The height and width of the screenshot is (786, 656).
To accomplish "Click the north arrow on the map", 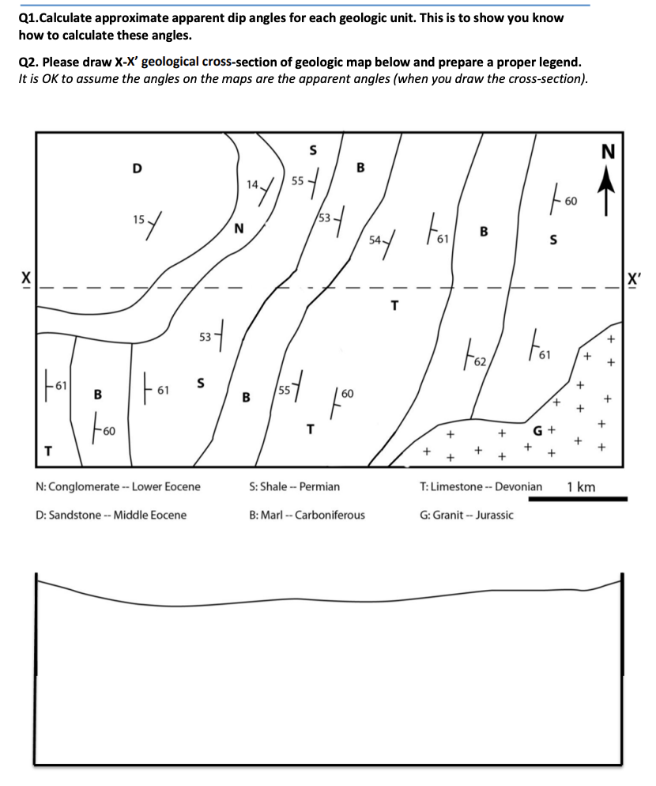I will [x=607, y=194].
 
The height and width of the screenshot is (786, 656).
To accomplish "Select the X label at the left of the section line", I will [x=25, y=278].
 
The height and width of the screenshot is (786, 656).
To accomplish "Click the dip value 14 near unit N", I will [x=252, y=185].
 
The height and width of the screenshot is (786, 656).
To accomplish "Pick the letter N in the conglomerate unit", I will [x=238, y=230].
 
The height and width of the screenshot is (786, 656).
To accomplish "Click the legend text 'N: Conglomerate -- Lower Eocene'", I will [x=119, y=486].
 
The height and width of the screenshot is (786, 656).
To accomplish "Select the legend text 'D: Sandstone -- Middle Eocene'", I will [x=111, y=515].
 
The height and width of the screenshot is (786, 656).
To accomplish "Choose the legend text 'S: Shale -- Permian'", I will [x=294, y=486].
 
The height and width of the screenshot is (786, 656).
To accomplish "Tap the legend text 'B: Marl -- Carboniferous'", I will [x=307, y=515].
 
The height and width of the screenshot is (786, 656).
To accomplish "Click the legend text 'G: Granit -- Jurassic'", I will [x=466, y=515].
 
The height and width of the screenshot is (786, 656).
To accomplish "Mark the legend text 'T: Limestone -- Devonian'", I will [x=481, y=486].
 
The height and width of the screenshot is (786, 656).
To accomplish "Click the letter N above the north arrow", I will [x=608, y=153].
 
